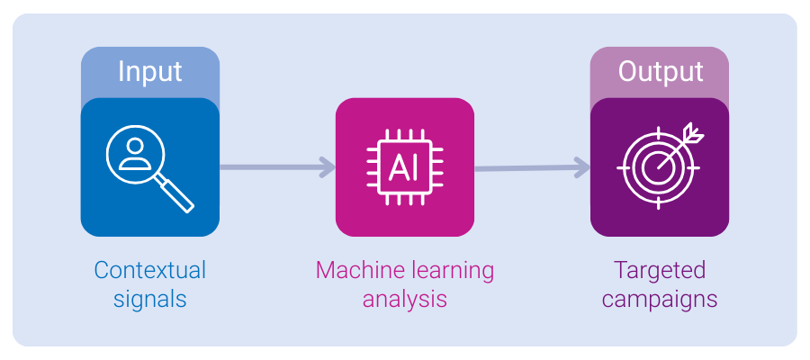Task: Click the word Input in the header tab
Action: tap(149, 72)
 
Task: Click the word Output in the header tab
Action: tap(660, 72)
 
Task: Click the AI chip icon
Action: tap(404, 167)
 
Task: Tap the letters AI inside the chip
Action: tap(404, 168)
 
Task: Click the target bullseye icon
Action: tap(658, 167)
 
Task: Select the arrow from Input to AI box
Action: tap(274, 166)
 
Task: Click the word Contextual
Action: tap(149, 270)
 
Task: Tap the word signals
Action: tap(149, 299)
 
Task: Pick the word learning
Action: tap(452, 270)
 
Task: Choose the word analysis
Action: tap(404, 299)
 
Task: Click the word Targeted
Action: tap(659, 270)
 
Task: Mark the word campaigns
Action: tap(659, 299)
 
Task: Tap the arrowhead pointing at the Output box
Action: tap(582, 166)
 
